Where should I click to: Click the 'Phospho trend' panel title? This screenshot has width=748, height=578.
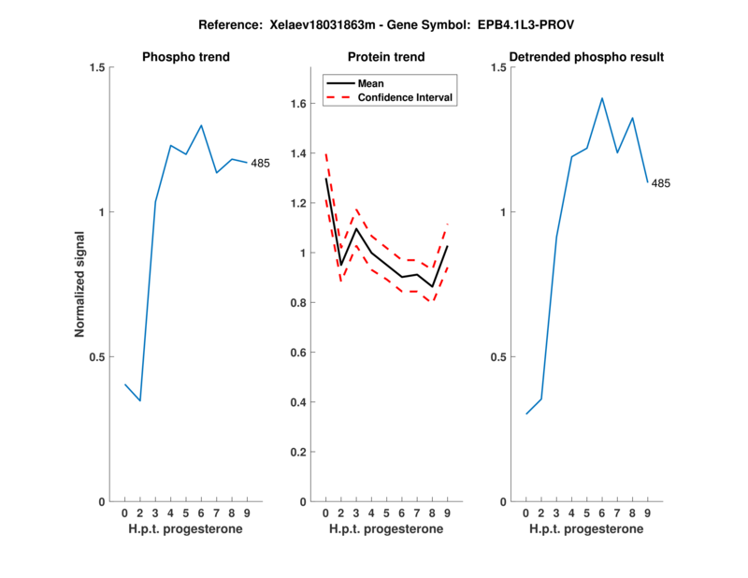185,57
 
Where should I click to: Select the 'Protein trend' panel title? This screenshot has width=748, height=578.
386,57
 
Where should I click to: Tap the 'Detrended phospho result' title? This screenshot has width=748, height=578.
586,57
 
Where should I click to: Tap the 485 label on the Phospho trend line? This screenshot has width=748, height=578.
260,164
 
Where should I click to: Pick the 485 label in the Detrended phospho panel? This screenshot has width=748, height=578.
661,183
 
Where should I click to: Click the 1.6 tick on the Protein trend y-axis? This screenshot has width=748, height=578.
300,103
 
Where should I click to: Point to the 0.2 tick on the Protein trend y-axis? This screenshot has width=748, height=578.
300,452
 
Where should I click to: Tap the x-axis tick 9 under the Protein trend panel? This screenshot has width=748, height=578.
448,513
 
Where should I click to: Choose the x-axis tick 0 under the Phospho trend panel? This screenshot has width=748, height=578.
124,513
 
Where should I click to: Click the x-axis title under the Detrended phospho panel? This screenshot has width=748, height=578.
586,529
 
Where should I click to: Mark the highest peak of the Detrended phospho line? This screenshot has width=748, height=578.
602,97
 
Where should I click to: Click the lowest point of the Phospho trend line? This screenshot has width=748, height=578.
139,401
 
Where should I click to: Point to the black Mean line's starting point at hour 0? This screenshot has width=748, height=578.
325,179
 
